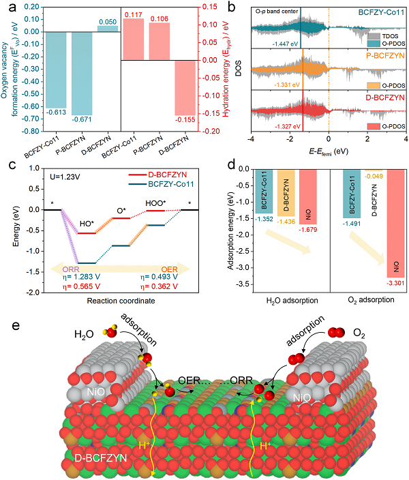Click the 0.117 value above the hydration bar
133,13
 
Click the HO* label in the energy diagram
86,225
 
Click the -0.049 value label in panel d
376,176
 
